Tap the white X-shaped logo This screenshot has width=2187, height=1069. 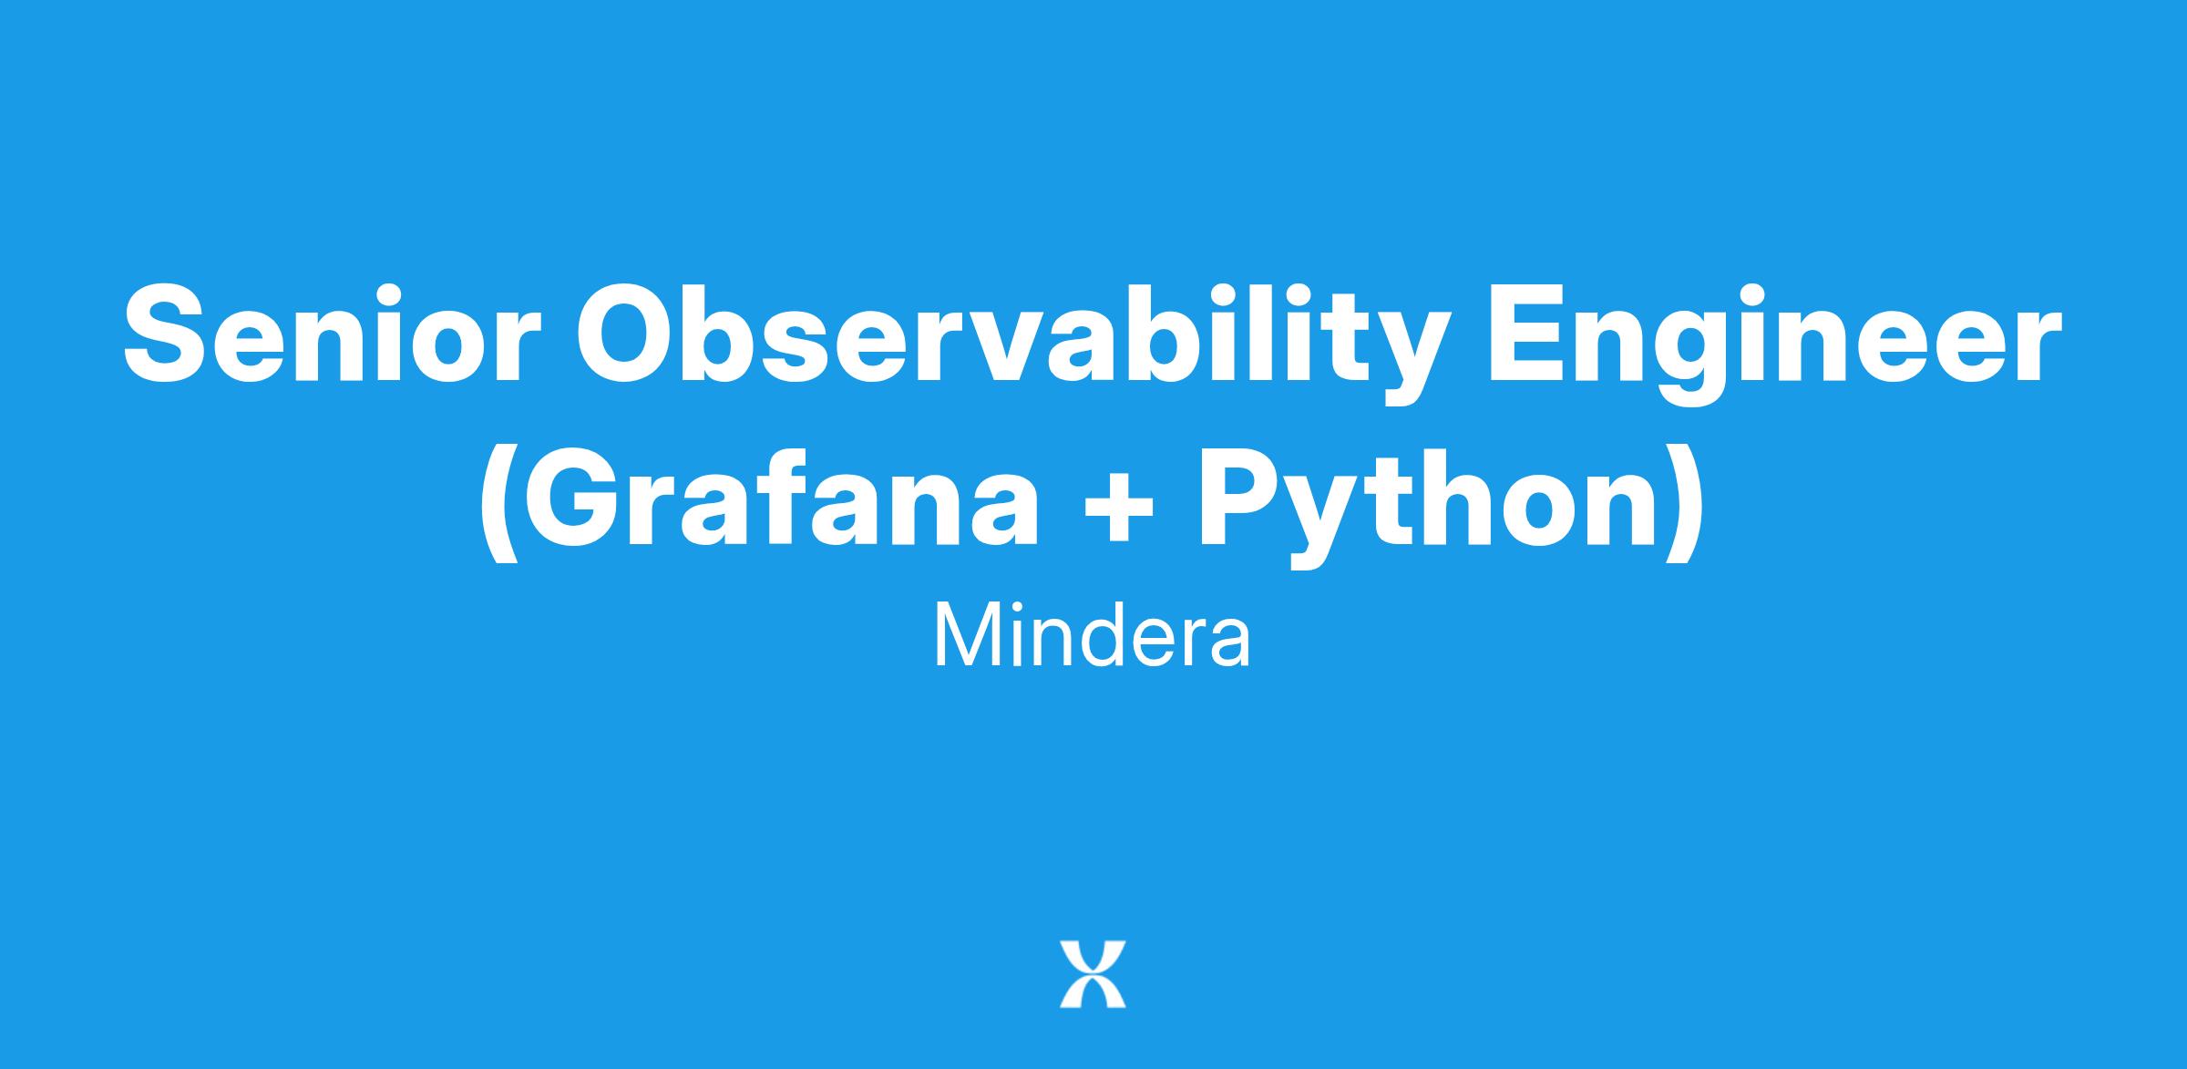click(1093, 973)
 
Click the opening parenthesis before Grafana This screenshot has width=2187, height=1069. click(498, 507)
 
